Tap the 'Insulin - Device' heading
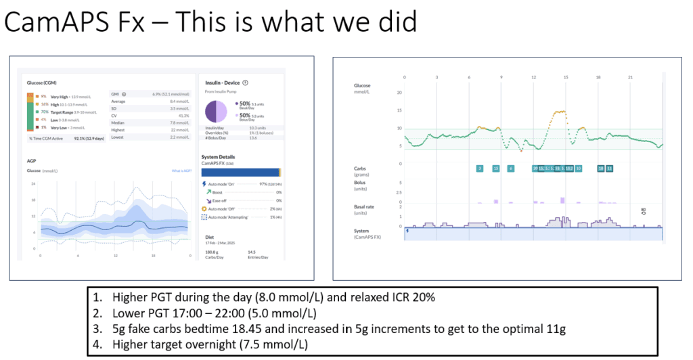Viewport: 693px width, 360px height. (223, 82)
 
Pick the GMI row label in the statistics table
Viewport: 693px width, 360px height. (116, 93)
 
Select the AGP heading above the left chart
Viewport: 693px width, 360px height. (32, 162)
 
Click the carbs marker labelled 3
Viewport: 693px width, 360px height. (480, 168)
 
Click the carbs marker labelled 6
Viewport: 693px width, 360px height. (511, 168)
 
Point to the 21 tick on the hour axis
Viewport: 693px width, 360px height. (631, 78)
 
